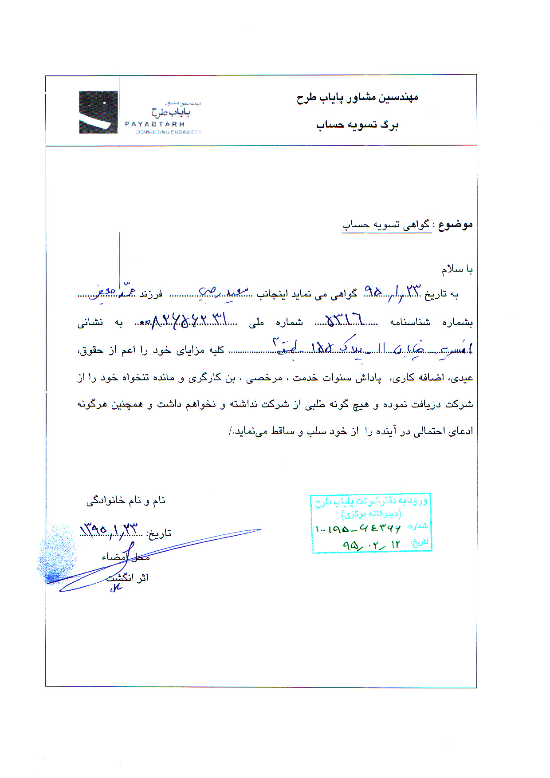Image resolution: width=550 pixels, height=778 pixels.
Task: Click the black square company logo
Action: point(98,112)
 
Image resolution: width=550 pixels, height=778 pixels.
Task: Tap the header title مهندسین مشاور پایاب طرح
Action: point(357,98)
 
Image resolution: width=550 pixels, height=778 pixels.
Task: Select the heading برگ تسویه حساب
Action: point(357,125)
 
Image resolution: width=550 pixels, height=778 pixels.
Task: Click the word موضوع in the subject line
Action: point(455,225)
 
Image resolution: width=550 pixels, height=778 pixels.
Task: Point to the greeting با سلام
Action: point(457,269)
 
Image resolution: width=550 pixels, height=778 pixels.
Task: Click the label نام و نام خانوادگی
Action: point(126,501)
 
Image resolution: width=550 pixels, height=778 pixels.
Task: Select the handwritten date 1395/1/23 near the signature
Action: point(109,529)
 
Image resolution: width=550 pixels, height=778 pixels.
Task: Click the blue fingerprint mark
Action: point(57,555)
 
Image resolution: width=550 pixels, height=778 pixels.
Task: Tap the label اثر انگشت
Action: point(127,578)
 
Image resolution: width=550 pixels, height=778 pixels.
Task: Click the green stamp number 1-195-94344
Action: point(358,529)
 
